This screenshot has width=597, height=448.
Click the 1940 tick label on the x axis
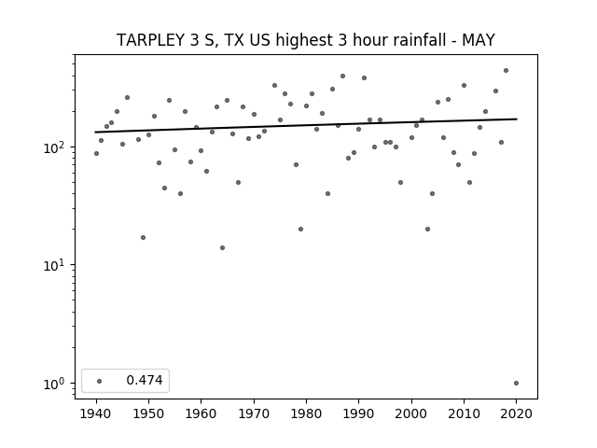[96, 413]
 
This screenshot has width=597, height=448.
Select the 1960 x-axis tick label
[201, 413]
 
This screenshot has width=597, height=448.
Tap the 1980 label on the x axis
[306, 413]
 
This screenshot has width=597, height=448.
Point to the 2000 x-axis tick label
[411, 413]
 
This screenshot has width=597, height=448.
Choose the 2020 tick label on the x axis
[516, 413]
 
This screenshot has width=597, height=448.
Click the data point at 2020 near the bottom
[516, 384]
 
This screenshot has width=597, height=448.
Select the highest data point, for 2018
[506, 71]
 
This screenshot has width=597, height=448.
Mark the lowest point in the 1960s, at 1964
[222, 248]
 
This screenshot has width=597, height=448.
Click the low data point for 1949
[143, 238]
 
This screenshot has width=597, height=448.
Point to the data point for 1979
[300, 230]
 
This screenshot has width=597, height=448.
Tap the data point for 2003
[427, 230]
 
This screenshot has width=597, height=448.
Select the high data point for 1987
[342, 77]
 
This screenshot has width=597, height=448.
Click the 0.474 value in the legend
[145, 380]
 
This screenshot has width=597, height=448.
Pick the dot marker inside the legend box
[100, 381]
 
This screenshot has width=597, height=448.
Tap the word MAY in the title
[479, 40]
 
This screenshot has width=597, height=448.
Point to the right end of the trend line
[517, 119]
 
